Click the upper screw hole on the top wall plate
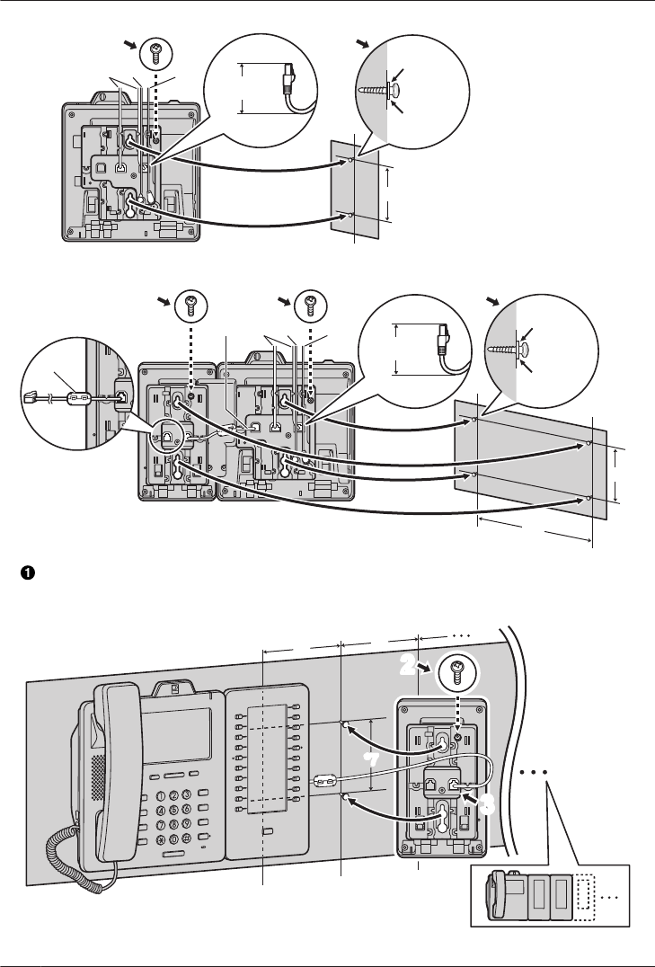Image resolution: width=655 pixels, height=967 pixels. pos(350,161)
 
